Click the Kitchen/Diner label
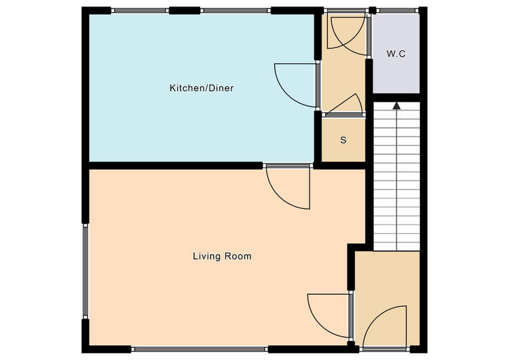[202, 88]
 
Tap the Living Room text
[222, 256]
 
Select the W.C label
[396, 54]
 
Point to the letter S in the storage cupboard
[343, 140]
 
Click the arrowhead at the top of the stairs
[396, 105]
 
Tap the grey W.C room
[396, 54]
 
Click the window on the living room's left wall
[85, 272]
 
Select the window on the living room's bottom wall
[200, 349]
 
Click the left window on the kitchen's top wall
[140, 11]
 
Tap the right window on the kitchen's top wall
[235, 11]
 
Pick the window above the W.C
[398, 11]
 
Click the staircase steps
[396, 176]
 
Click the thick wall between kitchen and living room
[175, 166]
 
